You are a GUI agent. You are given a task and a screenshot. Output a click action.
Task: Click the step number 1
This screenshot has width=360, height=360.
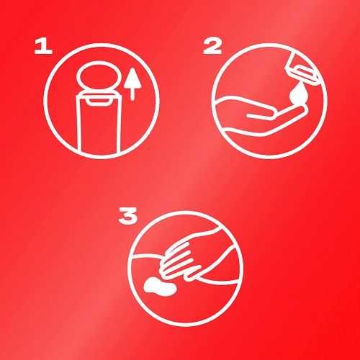43,47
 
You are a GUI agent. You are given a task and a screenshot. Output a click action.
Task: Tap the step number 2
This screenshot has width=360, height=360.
212,47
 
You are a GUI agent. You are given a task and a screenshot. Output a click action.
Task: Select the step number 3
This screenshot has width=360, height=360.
128,216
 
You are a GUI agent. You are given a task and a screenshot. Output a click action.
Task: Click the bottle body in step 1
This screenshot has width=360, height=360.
99,124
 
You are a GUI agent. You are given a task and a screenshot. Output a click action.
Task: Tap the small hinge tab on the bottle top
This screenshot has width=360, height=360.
99,101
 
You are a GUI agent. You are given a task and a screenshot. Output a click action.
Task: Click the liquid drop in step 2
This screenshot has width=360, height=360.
298,93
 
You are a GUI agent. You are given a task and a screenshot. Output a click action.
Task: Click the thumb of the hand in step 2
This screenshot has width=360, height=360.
261,116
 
